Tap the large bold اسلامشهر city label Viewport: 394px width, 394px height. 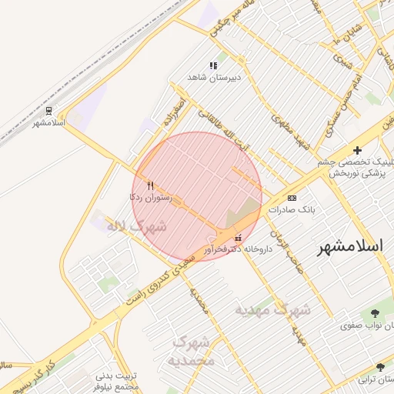pyautogui.click(x=354, y=250)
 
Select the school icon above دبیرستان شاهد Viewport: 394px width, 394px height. pyautogui.click(x=213, y=66)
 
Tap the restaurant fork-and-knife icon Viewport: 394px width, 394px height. pyautogui.click(x=151, y=185)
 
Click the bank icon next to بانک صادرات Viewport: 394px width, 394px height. pyautogui.click(x=290, y=198)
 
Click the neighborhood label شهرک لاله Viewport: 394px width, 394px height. pyautogui.click(x=139, y=226)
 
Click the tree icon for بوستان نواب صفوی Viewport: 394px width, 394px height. pyautogui.click(x=375, y=313)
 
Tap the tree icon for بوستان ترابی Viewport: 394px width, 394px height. pyautogui.click(x=379, y=368)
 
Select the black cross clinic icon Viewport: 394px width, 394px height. pyautogui.click(x=357, y=150)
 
